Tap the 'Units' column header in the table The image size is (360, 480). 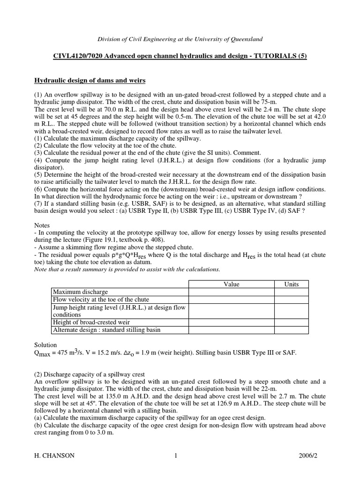click(291, 284)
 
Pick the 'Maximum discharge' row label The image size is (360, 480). click(80, 292)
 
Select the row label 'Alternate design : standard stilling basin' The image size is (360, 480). click(106, 330)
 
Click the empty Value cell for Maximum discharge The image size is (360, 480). click(231, 292)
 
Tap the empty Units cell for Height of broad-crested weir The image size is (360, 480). click(291, 322)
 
